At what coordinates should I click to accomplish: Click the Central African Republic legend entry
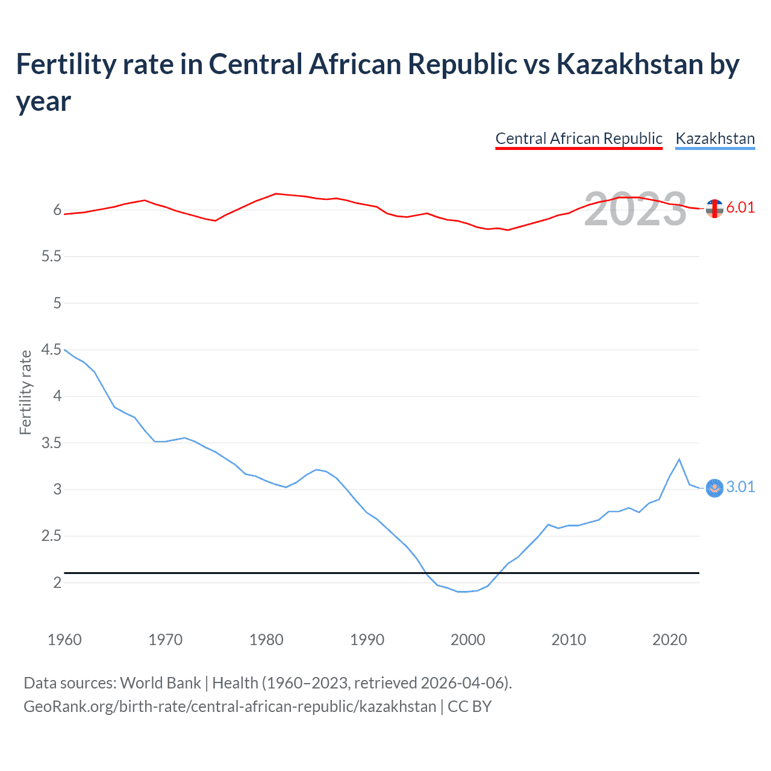pos(578,139)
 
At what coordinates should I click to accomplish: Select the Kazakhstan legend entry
pos(715,139)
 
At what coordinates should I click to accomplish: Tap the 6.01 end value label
pos(740,207)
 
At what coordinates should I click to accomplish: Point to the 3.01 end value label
pos(740,487)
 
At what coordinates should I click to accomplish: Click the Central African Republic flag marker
pos(714,208)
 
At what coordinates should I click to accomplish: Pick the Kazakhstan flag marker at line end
pos(714,488)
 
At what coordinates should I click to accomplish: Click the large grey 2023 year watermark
pos(635,209)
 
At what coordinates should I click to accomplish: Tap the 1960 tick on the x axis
pos(64,640)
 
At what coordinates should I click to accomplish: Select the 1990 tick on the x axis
pos(367,640)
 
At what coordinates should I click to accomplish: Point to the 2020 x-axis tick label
pos(669,640)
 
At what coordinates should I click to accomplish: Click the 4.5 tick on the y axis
pos(51,350)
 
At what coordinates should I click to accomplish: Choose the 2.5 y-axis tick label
pos(51,536)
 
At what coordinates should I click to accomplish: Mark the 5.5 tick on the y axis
pos(51,257)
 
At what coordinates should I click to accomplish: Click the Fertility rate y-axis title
pos(25,392)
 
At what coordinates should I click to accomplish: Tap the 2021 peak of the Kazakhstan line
pos(679,460)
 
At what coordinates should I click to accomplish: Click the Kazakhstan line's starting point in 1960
pos(65,349)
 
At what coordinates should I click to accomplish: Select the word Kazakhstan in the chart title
pos(629,64)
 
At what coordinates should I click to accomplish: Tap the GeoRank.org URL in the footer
pos(229,707)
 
